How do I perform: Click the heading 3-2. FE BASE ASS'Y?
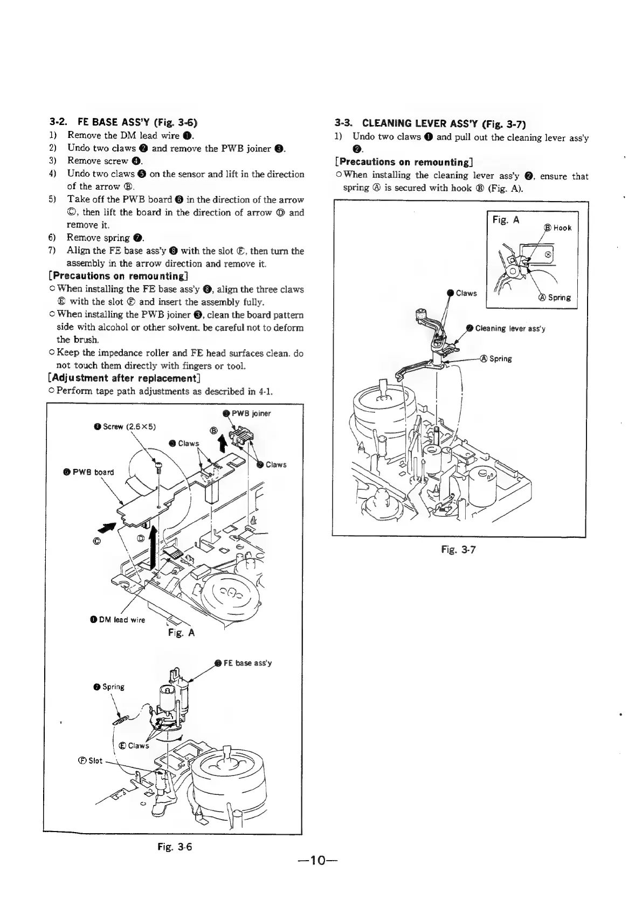click(127, 122)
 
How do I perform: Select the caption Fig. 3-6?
click(174, 846)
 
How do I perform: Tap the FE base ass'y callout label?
click(247, 663)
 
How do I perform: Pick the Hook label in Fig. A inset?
click(561, 228)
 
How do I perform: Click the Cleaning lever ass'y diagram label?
click(510, 328)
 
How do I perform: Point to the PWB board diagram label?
click(91, 472)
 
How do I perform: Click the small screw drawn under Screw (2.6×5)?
click(158, 466)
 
